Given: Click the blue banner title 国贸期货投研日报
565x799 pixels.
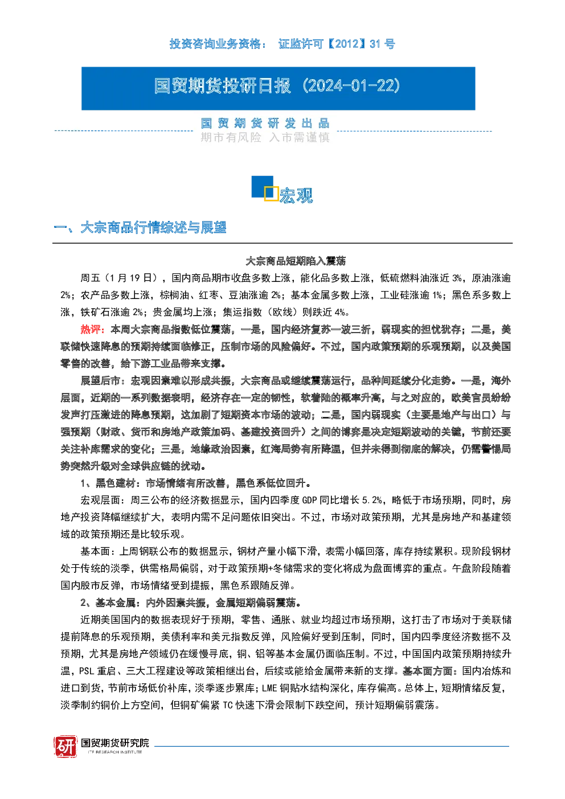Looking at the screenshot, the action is [x=222, y=86].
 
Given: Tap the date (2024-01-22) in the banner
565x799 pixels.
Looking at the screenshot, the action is [x=351, y=86].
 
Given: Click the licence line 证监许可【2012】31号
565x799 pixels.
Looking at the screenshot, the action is [x=337, y=44].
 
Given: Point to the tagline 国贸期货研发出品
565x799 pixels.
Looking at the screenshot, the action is [x=265, y=124].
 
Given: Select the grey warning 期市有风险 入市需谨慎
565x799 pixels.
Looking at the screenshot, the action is [x=265, y=137].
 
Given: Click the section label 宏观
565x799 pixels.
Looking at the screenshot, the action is [x=296, y=195].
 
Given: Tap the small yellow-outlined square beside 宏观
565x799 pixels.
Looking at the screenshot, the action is [x=271, y=194].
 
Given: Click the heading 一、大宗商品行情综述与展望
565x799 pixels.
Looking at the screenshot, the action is [x=140, y=227].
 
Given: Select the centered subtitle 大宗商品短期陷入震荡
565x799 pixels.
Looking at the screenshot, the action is [x=296, y=261].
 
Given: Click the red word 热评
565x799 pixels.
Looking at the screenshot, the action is [x=91, y=329].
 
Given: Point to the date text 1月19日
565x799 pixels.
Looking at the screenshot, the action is [x=130, y=278].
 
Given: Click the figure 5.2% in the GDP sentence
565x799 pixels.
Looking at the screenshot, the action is [x=372, y=501].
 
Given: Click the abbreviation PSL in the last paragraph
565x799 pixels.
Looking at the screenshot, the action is [x=87, y=671].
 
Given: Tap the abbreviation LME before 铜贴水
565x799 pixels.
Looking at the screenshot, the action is [x=269, y=689].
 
